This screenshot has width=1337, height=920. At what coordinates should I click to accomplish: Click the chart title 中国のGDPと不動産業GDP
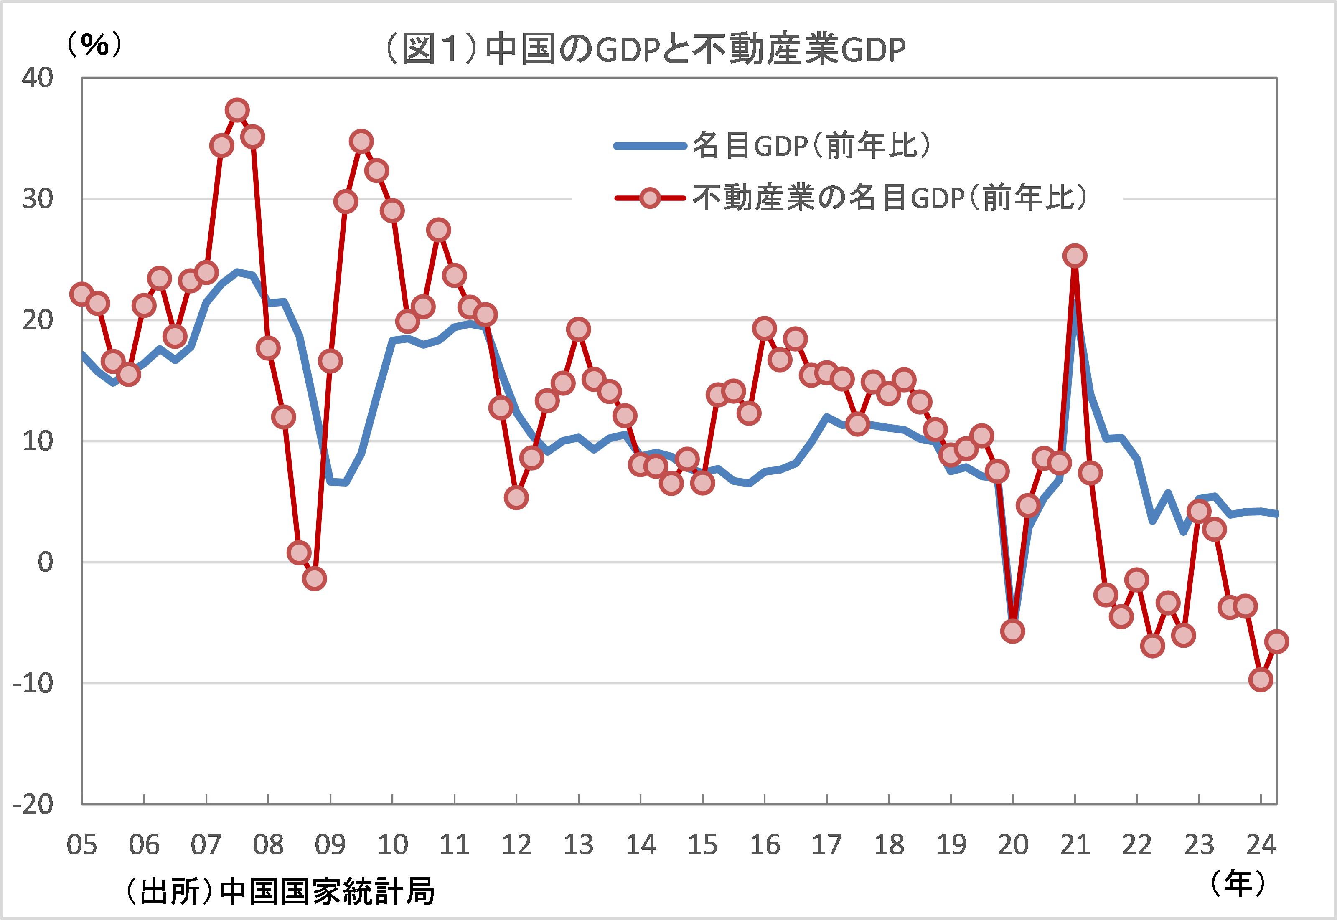[x=645, y=49]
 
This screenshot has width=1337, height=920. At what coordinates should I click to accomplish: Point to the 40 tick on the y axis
[x=38, y=77]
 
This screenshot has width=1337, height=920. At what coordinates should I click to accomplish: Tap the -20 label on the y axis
[x=33, y=803]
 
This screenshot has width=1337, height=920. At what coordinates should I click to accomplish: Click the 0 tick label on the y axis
[x=45, y=561]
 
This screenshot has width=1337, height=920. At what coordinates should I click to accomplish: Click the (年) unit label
[x=1237, y=882]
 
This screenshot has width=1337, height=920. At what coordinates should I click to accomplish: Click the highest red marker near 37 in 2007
[x=237, y=109]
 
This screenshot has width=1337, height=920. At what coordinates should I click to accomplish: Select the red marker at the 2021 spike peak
[x=1075, y=255]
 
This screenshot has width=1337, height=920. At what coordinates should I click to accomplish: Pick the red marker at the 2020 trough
[x=1012, y=631]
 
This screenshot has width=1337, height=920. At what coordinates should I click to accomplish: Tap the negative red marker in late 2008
[x=314, y=578]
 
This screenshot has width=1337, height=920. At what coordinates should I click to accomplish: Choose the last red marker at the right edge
[x=1276, y=641]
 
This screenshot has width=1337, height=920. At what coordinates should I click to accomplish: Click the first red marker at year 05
[x=82, y=294]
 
